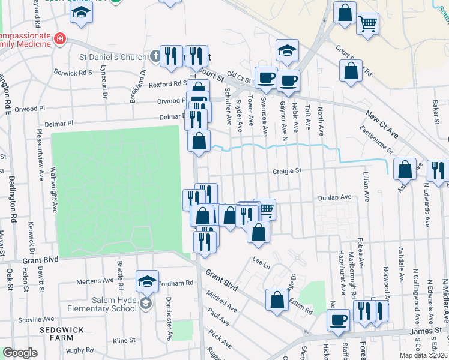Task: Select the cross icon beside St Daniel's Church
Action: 155,57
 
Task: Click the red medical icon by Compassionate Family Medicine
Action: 59,40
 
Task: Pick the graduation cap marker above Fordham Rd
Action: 147,281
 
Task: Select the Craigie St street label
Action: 286,171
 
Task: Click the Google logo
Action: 20,352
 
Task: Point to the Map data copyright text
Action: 421,355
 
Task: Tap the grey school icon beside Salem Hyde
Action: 145,304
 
